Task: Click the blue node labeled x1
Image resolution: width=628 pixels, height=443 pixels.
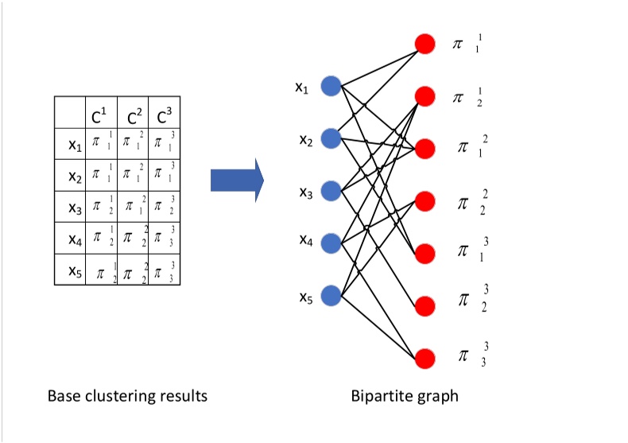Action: point(331,86)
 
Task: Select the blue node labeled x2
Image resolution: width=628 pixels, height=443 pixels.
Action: point(331,138)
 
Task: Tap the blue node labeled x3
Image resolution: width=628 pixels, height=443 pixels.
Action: point(331,191)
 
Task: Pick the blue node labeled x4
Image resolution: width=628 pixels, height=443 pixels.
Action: point(331,243)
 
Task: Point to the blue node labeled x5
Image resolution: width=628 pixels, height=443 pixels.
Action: point(331,296)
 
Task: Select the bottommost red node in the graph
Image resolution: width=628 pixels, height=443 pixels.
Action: point(425,358)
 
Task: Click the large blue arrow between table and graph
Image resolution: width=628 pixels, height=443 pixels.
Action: point(237,180)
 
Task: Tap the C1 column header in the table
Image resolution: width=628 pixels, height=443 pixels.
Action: point(100,115)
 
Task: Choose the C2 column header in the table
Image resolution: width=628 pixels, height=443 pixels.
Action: point(132,115)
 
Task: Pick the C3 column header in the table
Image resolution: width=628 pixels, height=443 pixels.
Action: point(164,115)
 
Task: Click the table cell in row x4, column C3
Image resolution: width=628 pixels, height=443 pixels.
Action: point(164,239)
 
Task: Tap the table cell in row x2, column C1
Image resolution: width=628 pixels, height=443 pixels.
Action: point(100,175)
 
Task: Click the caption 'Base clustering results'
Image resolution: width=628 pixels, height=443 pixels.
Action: point(127,395)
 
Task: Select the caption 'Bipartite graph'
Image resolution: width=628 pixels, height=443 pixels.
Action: point(405,395)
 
